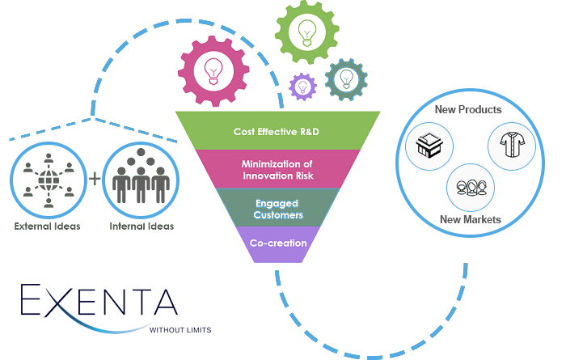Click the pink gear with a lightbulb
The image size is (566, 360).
[x=214, y=70]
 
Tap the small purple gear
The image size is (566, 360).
[x=303, y=85]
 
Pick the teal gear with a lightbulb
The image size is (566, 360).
[x=345, y=78]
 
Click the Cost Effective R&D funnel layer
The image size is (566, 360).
[x=277, y=131]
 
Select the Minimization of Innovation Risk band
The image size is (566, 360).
[x=277, y=170]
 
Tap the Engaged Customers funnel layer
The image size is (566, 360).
[x=277, y=209]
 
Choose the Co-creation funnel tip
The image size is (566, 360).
[x=277, y=243]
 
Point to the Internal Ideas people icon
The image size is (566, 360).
[x=141, y=178]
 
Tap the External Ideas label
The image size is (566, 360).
[x=48, y=227]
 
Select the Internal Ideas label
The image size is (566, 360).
[x=141, y=227]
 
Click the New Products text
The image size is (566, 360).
[x=468, y=109]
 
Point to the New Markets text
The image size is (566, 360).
[x=470, y=219]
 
